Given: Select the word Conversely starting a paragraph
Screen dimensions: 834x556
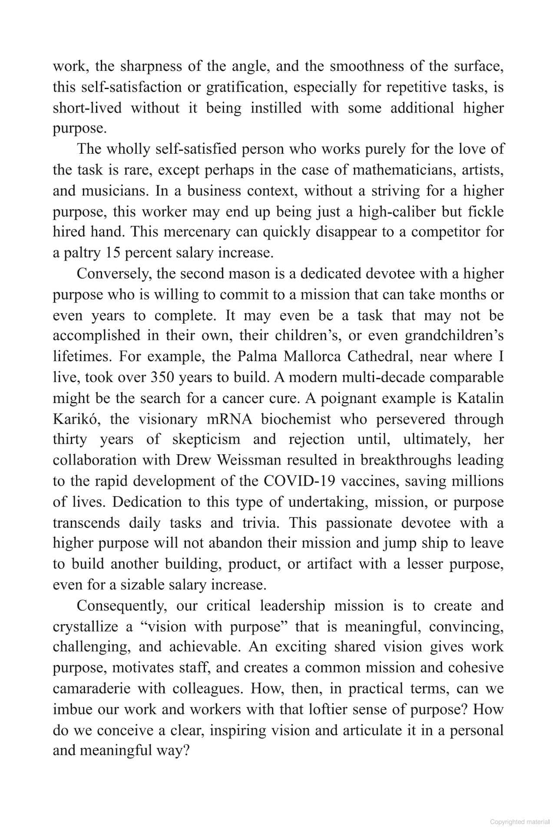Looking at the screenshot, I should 114,274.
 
